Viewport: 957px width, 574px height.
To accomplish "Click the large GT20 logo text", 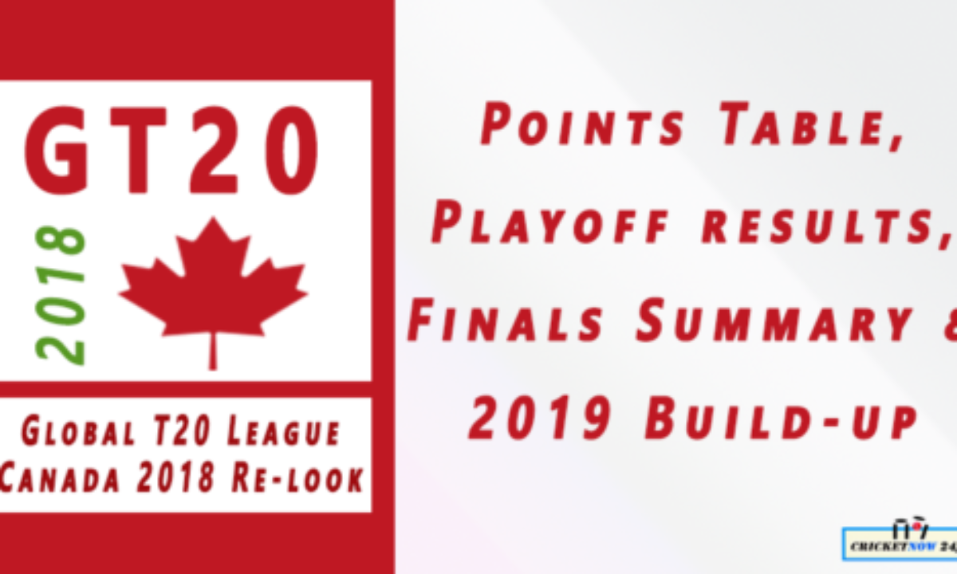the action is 171,151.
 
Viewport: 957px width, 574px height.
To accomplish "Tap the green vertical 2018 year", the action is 61,296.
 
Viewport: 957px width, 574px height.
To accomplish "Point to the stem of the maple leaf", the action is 212,351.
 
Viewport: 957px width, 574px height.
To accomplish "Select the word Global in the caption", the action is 78,432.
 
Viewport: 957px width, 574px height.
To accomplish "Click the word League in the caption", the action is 284,432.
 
